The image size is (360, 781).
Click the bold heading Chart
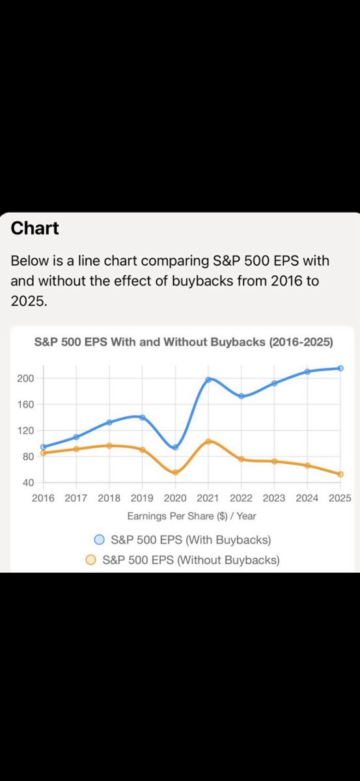(35, 228)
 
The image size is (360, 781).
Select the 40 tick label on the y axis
(27, 482)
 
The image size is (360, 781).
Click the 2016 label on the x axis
(43, 498)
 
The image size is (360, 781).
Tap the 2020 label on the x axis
(175, 498)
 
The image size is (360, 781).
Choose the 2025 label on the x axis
(340, 498)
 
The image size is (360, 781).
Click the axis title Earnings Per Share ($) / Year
(191, 515)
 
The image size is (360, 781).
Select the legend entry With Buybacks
(191, 540)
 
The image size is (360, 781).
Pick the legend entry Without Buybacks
(191, 560)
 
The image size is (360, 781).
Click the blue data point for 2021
(208, 379)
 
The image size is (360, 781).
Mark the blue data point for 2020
(175, 447)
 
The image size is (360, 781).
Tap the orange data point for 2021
(208, 441)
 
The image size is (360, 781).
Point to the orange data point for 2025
(340, 474)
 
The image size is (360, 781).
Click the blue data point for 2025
(340, 368)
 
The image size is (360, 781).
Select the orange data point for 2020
(175, 473)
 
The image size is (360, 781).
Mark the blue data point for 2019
(142, 417)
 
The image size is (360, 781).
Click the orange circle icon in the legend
(91, 560)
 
